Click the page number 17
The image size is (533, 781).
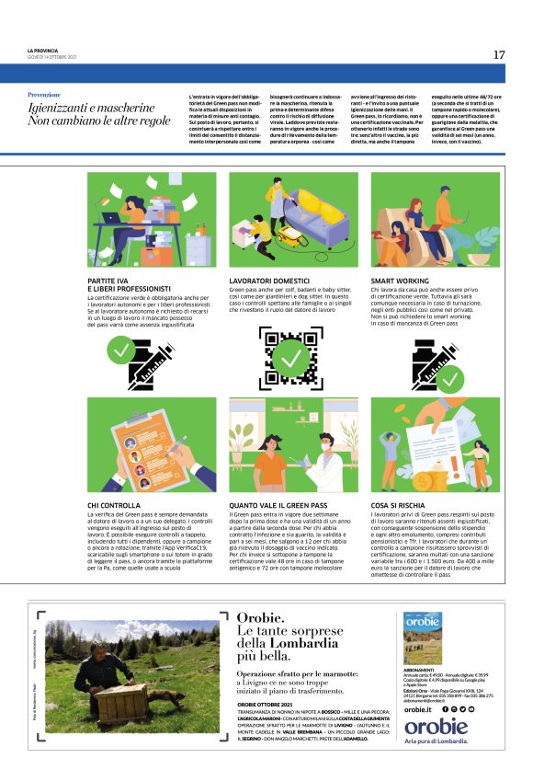pyautogui.click(x=498, y=55)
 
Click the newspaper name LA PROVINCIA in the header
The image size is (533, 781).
pyautogui.click(x=46, y=51)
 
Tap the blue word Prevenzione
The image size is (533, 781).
pyautogui.click(x=44, y=95)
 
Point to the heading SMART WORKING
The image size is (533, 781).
pyautogui.click(x=396, y=278)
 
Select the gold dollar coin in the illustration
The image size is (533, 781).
pyautogui.click(x=423, y=479)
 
